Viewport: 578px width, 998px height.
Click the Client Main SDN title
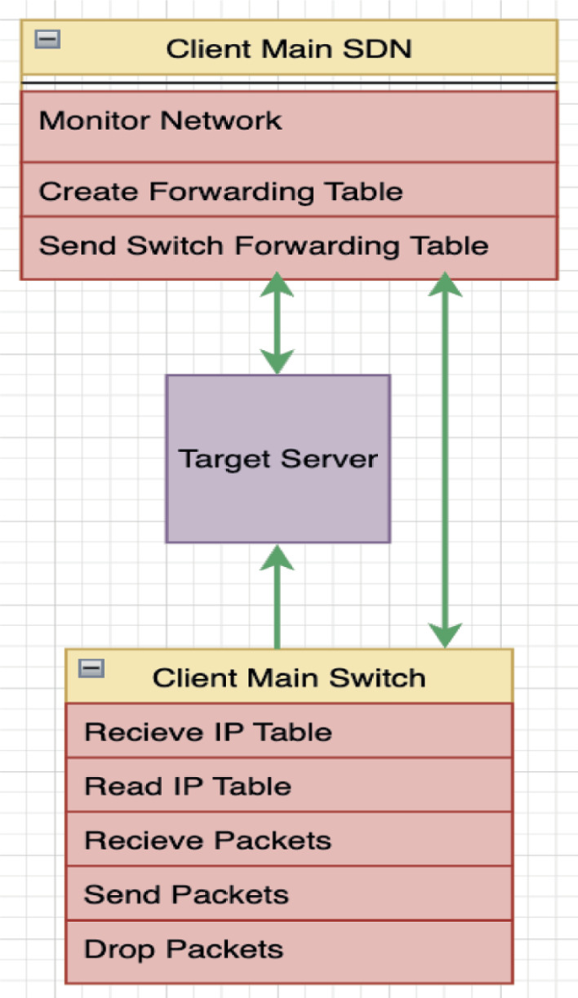(x=289, y=48)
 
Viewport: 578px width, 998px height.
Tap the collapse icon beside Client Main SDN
(x=47, y=39)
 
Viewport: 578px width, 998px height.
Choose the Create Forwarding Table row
(x=289, y=191)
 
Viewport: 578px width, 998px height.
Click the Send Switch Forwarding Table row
(x=289, y=246)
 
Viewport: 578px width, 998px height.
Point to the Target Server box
(x=278, y=458)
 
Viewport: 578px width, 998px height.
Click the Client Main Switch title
(x=289, y=677)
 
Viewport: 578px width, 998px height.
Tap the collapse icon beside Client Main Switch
(x=91, y=668)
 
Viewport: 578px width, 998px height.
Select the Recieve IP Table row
(x=289, y=731)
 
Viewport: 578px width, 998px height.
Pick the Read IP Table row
(x=289, y=785)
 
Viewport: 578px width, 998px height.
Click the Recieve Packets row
(x=289, y=839)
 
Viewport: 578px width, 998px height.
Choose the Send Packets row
(x=289, y=893)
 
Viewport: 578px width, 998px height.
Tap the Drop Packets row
(x=289, y=950)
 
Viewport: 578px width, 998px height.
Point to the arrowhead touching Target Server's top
(x=277, y=361)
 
